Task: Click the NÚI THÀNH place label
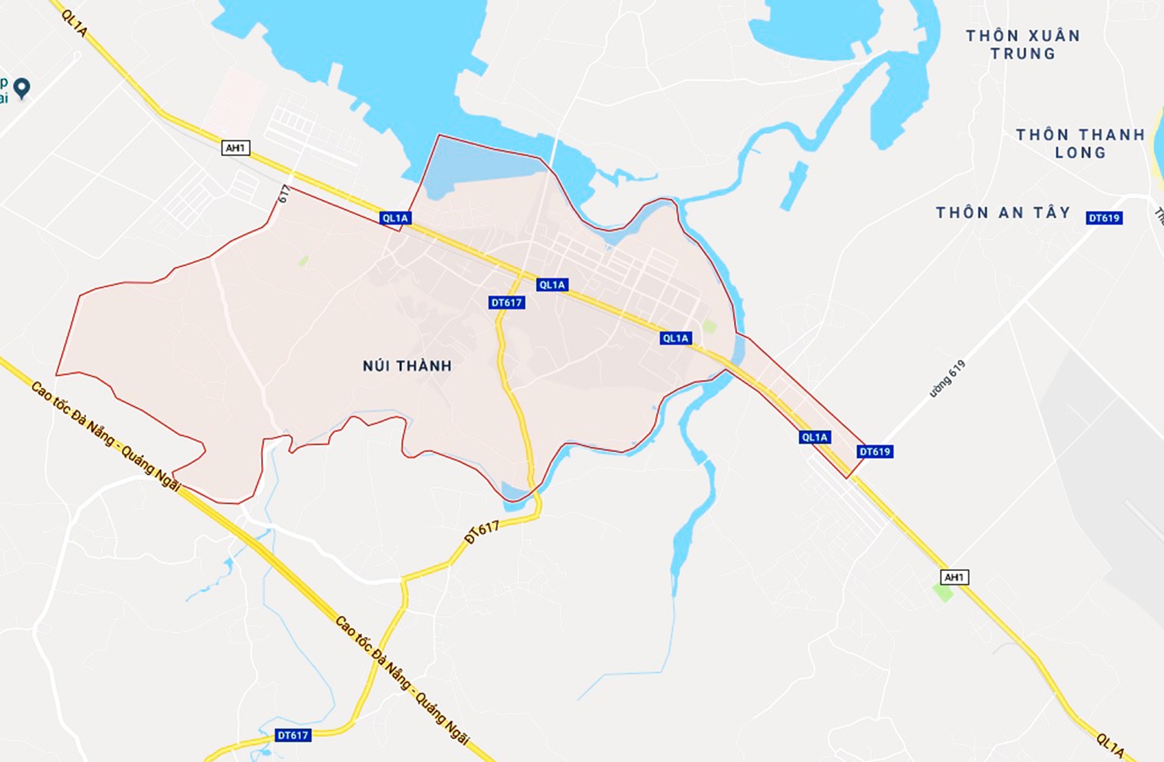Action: click(x=407, y=366)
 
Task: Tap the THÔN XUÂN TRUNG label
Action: click(x=1023, y=45)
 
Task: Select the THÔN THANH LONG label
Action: click(x=1080, y=144)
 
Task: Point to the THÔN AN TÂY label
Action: click(x=1003, y=213)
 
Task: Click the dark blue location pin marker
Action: click(x=22, y=88)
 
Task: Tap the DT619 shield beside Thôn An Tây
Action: click(x=1104, y=218)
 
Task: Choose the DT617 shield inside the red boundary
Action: click(x=507, y=303)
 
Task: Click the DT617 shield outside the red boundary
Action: click(x=293, y=735)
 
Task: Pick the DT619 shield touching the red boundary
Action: click(x=874, y=452)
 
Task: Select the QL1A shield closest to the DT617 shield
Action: click(x=552, y=285)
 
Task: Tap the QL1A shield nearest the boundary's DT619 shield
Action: click(x=814, y=437)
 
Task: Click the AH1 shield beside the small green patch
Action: click(x=954, y=577)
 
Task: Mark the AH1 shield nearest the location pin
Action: click(x=236, y=148)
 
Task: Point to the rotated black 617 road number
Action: click(x=285, y=194)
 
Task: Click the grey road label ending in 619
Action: click(x=948, y=379)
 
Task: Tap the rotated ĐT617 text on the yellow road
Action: click(x=482, y=531)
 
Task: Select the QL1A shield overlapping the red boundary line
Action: click(x=395, y=218)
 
